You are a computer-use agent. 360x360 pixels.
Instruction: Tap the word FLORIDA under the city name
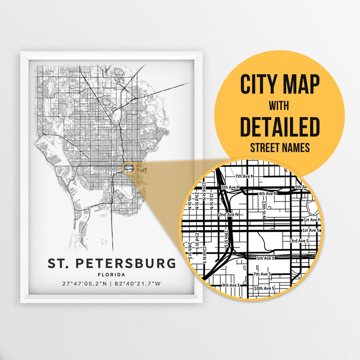click(112, 275)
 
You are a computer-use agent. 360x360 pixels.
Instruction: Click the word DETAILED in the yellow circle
click(280, 127)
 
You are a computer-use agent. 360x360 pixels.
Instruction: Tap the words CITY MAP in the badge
click(280, 85)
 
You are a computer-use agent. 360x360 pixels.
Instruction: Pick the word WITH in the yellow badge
click(279, 106)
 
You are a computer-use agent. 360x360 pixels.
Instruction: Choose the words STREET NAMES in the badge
click(280, 147)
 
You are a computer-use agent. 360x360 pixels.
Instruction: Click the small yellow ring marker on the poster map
click(129, 168)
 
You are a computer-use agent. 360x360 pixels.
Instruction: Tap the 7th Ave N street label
click(245, 176)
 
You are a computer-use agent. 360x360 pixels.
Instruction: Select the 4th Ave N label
click(268, 193)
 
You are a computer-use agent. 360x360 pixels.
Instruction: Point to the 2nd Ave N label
click(229, 215)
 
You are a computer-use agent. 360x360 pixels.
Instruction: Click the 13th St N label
click(264, 209)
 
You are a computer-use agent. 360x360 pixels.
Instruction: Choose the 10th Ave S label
click(264, 288)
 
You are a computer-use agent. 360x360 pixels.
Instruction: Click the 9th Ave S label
click(231, 285)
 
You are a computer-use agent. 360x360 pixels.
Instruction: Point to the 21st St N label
click(211, 201)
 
